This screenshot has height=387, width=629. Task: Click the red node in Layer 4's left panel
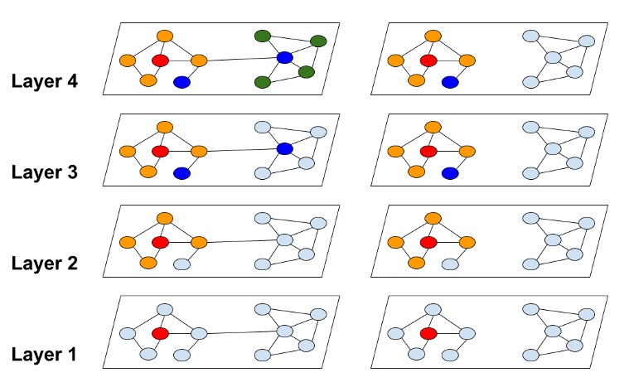[160, 60]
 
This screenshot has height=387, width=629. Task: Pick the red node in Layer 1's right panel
[428, 333]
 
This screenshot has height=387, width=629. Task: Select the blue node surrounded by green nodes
[284, 57]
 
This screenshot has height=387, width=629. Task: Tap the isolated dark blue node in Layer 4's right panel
[450, 82]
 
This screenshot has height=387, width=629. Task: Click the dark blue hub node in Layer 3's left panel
[284, 148]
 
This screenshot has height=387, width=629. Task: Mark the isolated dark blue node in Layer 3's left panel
[182, 173]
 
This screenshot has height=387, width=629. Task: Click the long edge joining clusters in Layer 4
[240, 59]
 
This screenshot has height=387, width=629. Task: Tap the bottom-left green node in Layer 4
[263, 82]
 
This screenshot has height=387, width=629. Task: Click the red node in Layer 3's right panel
[428, 152]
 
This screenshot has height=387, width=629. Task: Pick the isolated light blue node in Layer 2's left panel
[182, 264]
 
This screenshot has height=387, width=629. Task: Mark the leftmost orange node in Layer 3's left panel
[127, 152]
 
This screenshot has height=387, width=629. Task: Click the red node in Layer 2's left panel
[160, 242]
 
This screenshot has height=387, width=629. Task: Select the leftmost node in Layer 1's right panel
[395, 333]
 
